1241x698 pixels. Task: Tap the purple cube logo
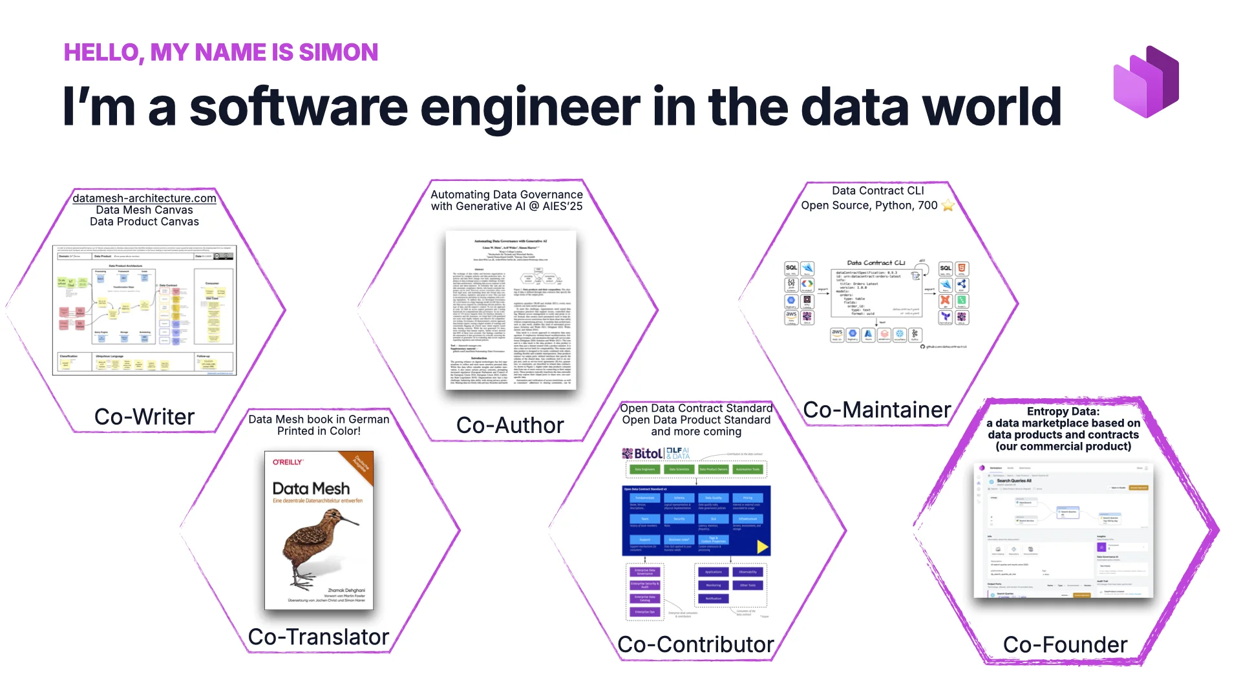click(x=1146, y=82)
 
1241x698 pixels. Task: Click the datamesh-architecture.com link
click(x=144, y=198)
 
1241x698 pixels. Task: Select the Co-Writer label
click(x=144, y=417)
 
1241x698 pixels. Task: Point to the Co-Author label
click(x=510, y=425)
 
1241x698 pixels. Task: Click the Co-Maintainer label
click(x=876, y=410)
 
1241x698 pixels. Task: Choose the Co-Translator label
click(x=318, y=637)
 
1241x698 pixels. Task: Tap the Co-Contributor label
click(x=695, y=644)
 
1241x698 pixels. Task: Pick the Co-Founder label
click(x=1065, y=644)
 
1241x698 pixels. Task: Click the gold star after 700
click(x=948, y=206)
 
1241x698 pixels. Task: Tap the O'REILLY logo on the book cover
click(x=288, y=462)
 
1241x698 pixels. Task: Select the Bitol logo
click(x=642, y=453)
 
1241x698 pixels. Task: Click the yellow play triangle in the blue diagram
click(x=762, y=547)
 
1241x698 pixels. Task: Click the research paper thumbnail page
click(x=511, y=310)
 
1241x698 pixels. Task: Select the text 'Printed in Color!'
click(x=319, y=431)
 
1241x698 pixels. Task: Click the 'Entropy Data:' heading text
click(x=1063, y=411)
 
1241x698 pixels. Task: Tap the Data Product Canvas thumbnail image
click(x=144, y=310)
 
